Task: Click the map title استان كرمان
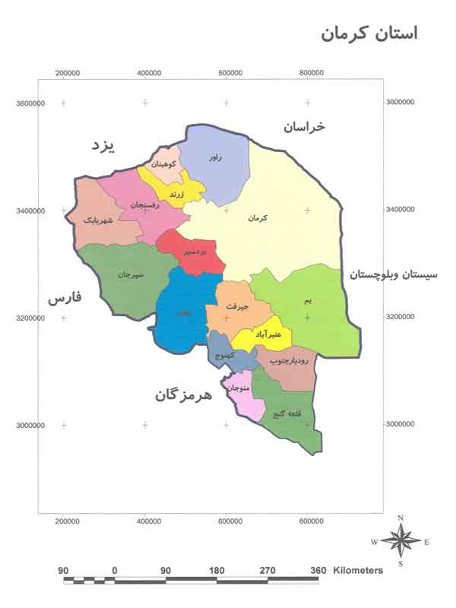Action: point(369,34)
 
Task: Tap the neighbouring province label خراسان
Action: point(305,127)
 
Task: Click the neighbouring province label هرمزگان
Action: point(185,395)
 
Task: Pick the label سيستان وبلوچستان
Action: point(401,275)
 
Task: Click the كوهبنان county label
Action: point(163,163)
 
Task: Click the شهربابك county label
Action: point(101,220)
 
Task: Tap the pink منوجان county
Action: point(239,388)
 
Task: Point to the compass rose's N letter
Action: point(401,518)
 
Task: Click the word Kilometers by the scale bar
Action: point(357,569)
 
